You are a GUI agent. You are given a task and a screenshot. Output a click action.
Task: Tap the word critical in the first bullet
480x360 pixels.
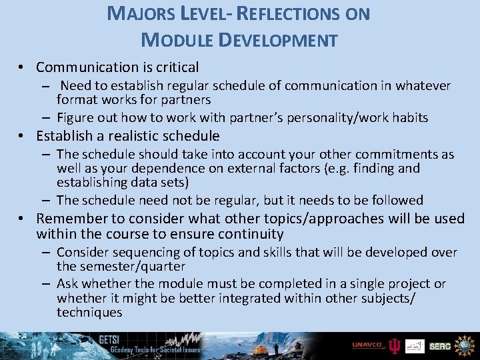click(x=175, y=67)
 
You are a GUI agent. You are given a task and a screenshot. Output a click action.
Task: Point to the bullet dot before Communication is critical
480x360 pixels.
click(x=22, y=67)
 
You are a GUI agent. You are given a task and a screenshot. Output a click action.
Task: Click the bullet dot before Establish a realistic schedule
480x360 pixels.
click(x=22, y=137)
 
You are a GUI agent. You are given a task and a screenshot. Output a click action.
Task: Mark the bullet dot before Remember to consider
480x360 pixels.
click(x=22, y=219)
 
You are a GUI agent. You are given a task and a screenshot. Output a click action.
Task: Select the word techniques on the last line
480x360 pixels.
click(x=89, y=312)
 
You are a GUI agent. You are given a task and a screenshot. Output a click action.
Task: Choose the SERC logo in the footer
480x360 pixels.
click(x=440, y=346)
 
